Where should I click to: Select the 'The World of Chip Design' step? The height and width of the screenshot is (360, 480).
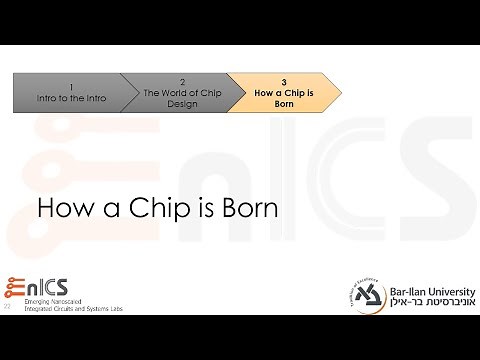coord(181,92)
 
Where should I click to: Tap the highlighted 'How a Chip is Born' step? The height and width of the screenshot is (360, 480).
coord(283,92)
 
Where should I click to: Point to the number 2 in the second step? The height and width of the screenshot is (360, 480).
coord(182,81)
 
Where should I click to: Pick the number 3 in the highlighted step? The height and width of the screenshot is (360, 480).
coord(283,81)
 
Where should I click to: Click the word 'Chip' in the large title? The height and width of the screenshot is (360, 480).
coord(149,211)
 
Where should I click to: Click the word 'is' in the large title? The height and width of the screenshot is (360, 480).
coord(200,211)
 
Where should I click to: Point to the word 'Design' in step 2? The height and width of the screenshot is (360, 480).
coord(182,103)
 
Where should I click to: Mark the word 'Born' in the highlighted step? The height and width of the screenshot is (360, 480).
coord(283,103)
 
